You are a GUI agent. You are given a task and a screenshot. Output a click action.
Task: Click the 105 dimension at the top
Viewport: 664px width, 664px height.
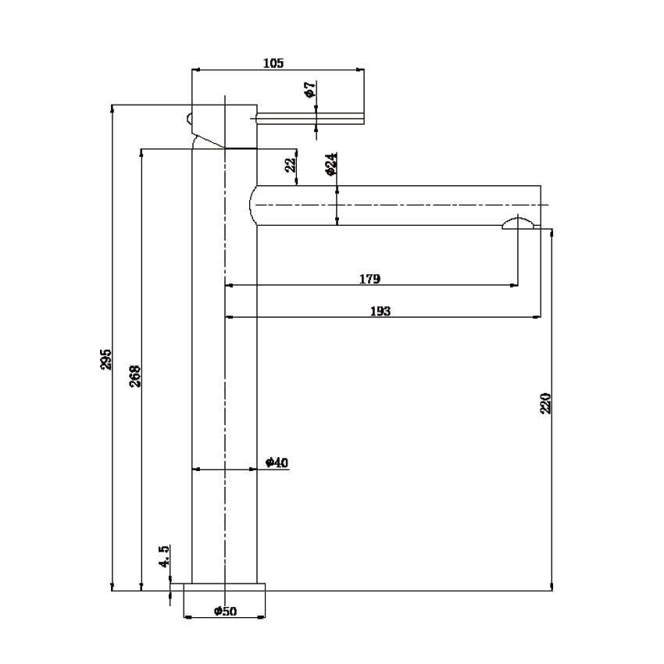[x=273, y=62]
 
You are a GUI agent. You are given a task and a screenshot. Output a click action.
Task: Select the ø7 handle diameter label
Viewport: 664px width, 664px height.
[x=310, y=90]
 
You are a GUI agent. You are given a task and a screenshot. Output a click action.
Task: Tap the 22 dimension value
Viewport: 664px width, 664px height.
[x=290, y=165]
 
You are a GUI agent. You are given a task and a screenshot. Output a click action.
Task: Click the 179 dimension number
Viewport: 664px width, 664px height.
[x=369, y=279]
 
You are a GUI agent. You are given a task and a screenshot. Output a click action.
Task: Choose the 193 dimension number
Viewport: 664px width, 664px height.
[x=380, y=311]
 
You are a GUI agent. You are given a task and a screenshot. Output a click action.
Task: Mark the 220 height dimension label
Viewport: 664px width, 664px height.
[x=546, y=403]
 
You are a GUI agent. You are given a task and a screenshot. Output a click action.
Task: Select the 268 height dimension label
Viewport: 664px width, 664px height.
[x=134, y=376]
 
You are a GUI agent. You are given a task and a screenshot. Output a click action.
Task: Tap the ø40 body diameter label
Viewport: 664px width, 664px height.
[x=277, y=463]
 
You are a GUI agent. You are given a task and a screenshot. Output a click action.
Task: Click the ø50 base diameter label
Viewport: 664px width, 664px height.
[x=225, y=611]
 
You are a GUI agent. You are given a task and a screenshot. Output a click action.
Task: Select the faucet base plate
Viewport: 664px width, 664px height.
[x=225, y=587]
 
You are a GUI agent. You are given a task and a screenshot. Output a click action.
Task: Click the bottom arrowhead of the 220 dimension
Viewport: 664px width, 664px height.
[x=552, y=587]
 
